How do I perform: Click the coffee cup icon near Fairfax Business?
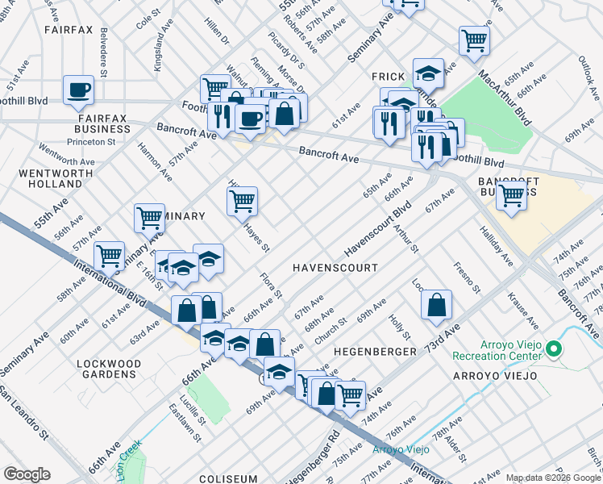[79, 90]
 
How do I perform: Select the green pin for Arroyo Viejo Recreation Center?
[553, 349]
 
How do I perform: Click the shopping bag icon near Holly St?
[436, 304]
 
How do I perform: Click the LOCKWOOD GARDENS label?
[106, 369]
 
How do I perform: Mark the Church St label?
[331, 332]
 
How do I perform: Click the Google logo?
[27, 474]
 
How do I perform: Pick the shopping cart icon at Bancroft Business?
[511, 194]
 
